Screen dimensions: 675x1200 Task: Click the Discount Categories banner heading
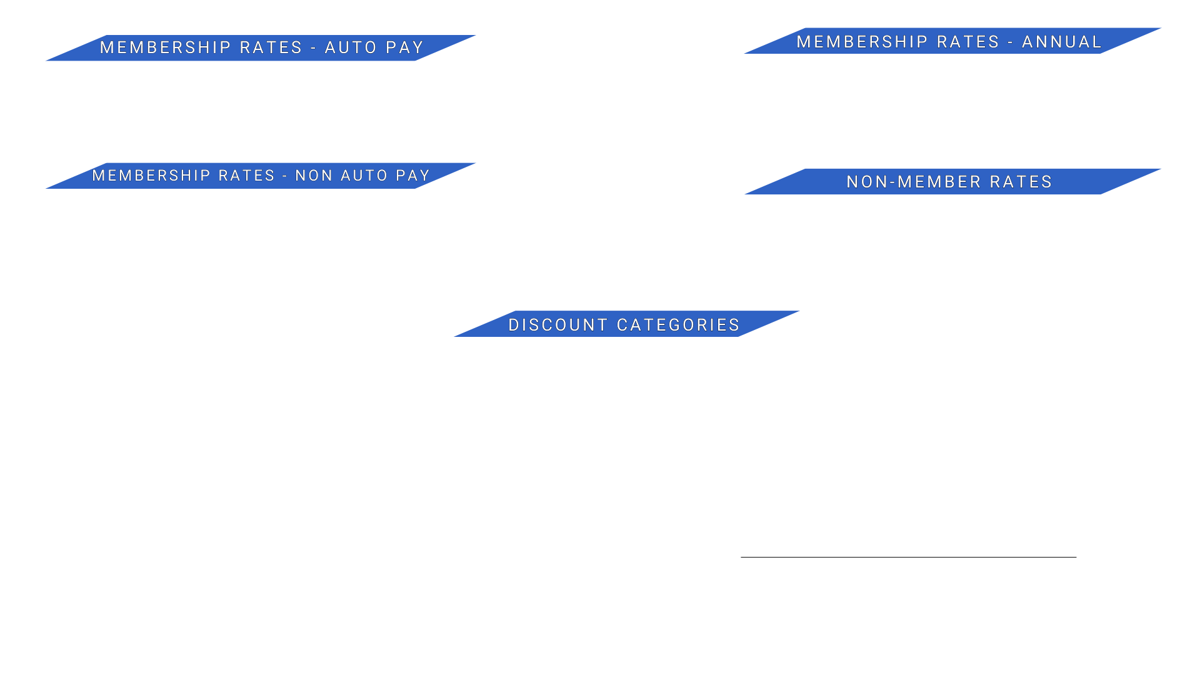click(x=624, y=324)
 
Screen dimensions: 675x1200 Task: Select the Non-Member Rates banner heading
click(x=949, y=182)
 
